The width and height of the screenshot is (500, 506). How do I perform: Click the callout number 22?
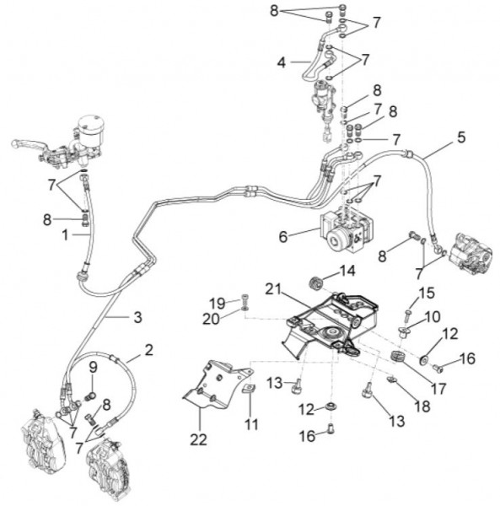[x=198, y=439]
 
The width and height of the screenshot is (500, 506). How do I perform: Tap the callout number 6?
[x=283, y=237]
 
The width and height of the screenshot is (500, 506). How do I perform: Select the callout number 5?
[x=461, y=137]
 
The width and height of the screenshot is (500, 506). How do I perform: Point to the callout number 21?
[x=273, y=289]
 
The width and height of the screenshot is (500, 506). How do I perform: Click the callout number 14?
[x=347, y=271]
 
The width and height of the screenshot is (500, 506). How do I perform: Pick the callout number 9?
[x=93, y=367]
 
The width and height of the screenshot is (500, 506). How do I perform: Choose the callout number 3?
[x=137, y=317]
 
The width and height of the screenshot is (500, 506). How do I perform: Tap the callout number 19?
[x=217, y=304]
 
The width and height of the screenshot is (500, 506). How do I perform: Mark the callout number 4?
[x=282, y=62]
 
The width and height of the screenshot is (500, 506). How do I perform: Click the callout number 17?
[x=438, y=389]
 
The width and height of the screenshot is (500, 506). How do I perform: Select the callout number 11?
[x=251, y=424]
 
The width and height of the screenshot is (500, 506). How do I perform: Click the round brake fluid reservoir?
[x=91, y=131]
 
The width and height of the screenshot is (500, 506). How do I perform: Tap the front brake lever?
[x=29, y=145]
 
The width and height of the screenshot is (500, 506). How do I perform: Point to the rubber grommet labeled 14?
[x=316, y=284]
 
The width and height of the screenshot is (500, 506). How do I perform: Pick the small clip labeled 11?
[x=249, y=389]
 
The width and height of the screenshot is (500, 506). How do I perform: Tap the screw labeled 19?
[x=245, y=299]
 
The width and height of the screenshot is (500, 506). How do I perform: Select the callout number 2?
[x=148, y=350]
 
